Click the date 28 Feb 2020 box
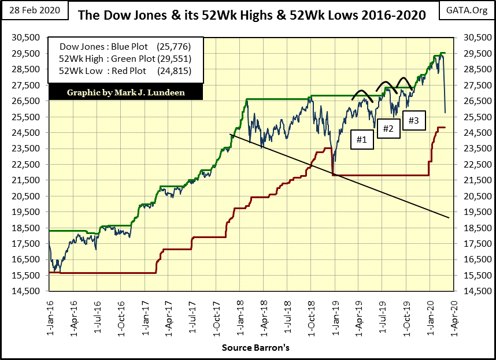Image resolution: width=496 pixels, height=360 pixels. point(34,11)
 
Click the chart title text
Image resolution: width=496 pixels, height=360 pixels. point(251,14)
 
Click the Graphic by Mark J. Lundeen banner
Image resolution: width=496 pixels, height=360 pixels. point(126,92)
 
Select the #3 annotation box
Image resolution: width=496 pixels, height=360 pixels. point(414,121)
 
